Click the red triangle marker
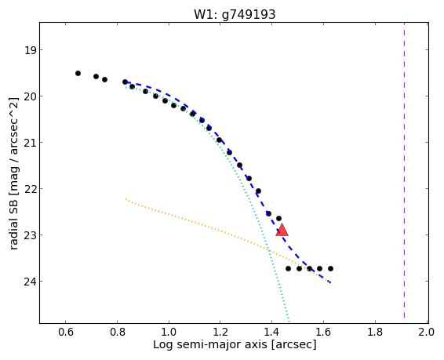[x=282, y=231]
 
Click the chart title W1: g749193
[x=235, y=14]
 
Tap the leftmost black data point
[x=78, y=73]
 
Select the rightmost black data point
[x=330, y=268]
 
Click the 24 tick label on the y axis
[x=30, y=282]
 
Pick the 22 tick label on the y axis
[x=30, y=189]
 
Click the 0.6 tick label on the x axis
[x=65, y=332]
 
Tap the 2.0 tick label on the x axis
[x=427, y=332]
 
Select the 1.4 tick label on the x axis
[x=272, y=332]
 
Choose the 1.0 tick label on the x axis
[x=169, y=332]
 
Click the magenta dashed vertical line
[x=404, y=170]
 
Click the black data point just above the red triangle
[x=278, y=219]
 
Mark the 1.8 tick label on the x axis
[x=375, y=332]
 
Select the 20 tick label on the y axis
[x=30, y=96]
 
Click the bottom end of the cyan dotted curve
[x=289, y=322]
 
